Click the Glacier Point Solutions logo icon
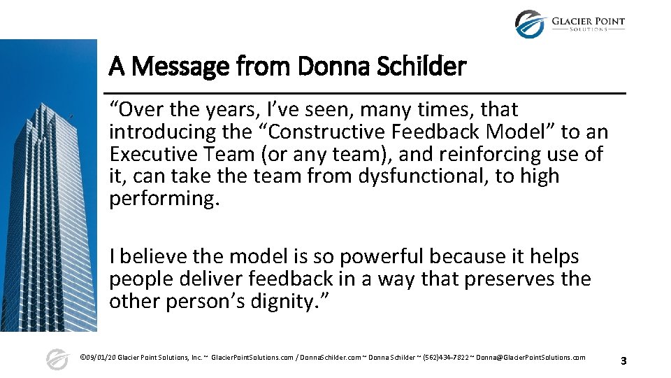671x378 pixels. [x=529, y=24]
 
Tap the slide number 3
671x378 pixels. [x=623, y=361]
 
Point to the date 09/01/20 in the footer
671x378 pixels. [x=101, y=358]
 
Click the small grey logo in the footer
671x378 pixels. [x=57, y=359]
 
